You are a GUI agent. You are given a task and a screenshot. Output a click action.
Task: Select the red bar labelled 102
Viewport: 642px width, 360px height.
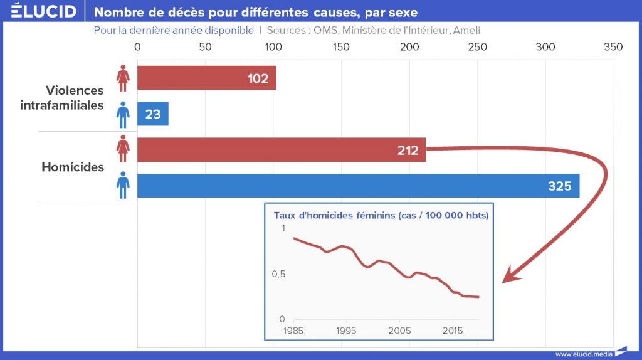click(206, 78)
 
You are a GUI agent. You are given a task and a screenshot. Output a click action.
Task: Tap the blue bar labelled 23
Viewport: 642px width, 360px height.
click(152, 114)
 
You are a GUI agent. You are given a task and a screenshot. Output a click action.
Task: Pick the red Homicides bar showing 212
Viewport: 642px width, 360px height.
click(281, 150)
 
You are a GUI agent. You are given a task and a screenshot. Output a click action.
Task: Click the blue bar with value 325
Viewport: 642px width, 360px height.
click(358, 186)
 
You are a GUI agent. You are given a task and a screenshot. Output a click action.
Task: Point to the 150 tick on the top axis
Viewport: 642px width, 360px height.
click(341, 47)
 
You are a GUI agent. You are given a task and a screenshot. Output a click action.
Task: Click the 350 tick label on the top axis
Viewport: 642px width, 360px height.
click(613, 47)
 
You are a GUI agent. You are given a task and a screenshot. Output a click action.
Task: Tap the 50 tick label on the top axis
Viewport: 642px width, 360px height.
click(204, 47)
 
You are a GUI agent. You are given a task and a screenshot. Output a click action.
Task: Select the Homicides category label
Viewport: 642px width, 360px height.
click(73, 167)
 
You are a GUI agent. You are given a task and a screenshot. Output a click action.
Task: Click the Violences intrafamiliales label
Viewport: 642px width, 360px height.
click(62, 98)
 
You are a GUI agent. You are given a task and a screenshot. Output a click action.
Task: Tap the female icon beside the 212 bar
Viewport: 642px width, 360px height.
click(124, 150)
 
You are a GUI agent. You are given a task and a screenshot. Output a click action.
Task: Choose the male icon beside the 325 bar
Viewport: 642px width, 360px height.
click(124, 186)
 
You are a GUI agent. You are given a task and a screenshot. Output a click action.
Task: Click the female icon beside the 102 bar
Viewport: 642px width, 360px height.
click(124, 78)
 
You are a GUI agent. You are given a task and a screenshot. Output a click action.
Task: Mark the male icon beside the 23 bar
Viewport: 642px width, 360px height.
click(124, 114)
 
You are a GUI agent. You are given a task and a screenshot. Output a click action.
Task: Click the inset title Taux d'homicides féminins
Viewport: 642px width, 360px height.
click(381, 215)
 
